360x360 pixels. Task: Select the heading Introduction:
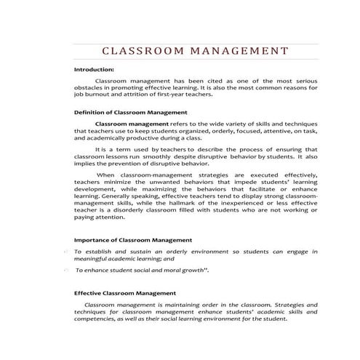(x=95, y=69)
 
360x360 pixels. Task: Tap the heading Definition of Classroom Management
(x=131, y=113)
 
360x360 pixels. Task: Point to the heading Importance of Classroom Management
(x=133, y=239)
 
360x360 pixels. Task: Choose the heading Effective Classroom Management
(x=125, y=293)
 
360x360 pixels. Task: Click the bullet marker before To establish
(x=67, y=251)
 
